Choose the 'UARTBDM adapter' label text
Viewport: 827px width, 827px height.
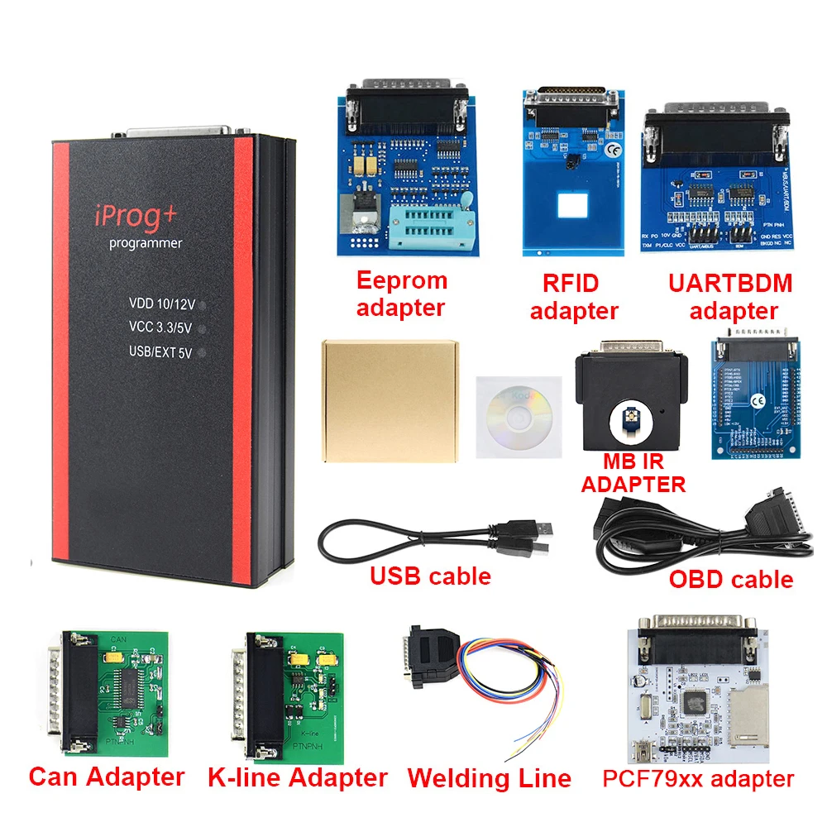[729, 297]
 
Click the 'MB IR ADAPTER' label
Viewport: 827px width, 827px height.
[633, 473]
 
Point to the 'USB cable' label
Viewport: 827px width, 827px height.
[430, 576]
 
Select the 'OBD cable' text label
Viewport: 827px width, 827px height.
[730, 579]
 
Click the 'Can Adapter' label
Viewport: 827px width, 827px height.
[106, 777]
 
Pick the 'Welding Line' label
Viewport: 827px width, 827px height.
[489, 778]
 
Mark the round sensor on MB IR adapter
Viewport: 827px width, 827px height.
[626, 419]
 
